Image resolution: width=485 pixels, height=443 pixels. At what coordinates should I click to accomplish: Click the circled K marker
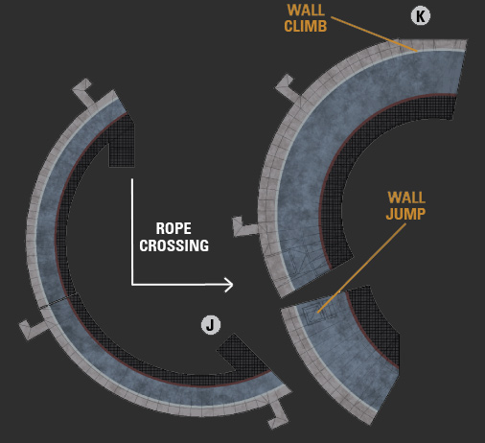421,16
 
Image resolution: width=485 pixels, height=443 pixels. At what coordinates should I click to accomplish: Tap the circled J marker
211,325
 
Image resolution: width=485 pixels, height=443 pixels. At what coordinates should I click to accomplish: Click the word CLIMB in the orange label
306,26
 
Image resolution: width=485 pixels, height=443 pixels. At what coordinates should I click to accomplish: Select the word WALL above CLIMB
306,11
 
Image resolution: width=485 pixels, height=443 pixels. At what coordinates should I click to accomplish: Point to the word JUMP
405,214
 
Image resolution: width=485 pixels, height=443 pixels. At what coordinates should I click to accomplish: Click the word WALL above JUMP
406,198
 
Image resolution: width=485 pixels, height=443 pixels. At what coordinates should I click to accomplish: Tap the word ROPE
173,228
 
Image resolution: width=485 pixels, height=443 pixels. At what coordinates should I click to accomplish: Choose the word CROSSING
174,245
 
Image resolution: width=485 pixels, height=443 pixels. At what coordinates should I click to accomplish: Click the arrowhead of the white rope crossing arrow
229,285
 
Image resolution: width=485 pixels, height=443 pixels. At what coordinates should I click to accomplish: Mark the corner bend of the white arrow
132,284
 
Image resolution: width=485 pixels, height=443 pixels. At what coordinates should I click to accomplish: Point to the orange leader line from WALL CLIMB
374,34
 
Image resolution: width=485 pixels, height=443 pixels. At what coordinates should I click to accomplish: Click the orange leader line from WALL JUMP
361,268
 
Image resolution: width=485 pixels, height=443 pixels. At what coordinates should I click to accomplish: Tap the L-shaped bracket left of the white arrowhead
245,227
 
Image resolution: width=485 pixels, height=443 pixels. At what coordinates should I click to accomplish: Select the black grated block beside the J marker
242,353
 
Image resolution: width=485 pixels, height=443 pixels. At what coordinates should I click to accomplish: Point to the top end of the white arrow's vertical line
132,179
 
